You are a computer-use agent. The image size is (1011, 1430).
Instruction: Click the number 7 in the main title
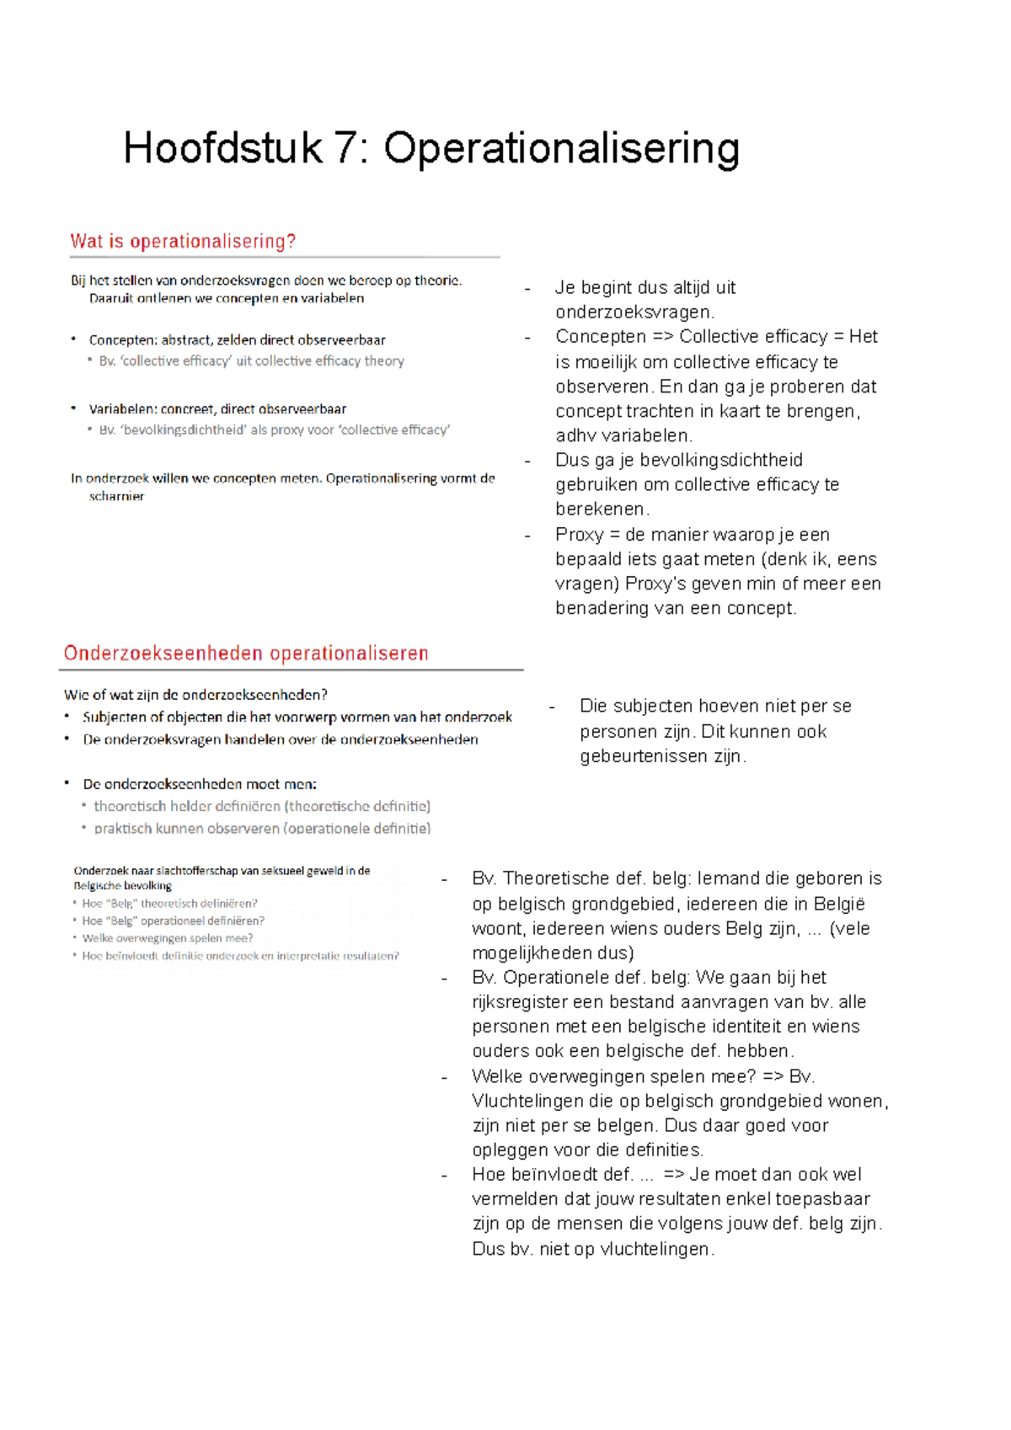(x=345, y=149)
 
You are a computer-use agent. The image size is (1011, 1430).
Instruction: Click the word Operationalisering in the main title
(x=562, y=149)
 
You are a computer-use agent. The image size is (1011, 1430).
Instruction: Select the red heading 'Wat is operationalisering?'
(x=183, y=242)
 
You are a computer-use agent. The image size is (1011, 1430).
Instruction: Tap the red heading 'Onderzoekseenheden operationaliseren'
(x=246, y=654)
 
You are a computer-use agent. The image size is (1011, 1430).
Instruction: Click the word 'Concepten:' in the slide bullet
(x=123, y=340)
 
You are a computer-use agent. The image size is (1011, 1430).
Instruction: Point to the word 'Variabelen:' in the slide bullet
(x=122, y=409)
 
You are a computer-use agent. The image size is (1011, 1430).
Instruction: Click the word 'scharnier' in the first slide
(x=116, y=497)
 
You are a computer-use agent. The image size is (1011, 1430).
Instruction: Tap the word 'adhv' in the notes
(x=575, y=436)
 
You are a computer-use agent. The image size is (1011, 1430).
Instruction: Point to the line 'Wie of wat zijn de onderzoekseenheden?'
(x=195, y=695)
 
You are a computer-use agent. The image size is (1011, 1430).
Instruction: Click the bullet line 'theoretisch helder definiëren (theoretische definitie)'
(x=262, y=806)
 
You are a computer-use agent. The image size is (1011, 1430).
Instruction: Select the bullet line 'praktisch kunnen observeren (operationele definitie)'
(x=262, y=829)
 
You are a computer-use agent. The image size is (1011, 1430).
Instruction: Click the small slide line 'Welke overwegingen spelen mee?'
(x=168, y=938)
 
